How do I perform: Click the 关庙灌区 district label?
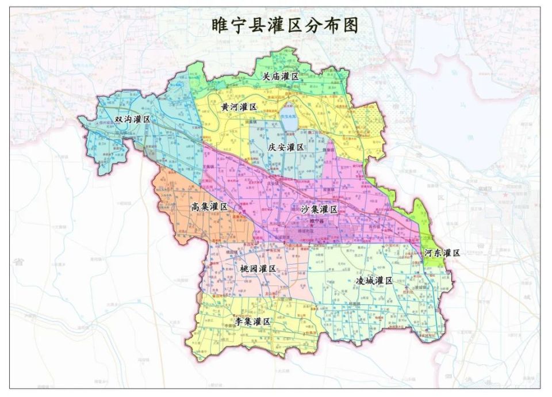click(281, 77)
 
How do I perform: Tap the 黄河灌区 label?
click(239, 107)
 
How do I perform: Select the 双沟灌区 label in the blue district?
click(132, 119)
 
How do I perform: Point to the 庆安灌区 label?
click(285, 147)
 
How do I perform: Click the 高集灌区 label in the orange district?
click(209, 207)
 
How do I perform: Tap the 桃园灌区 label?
click(257, 269)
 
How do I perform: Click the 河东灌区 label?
click(442, 253)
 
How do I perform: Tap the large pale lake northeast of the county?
click(454, 58)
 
